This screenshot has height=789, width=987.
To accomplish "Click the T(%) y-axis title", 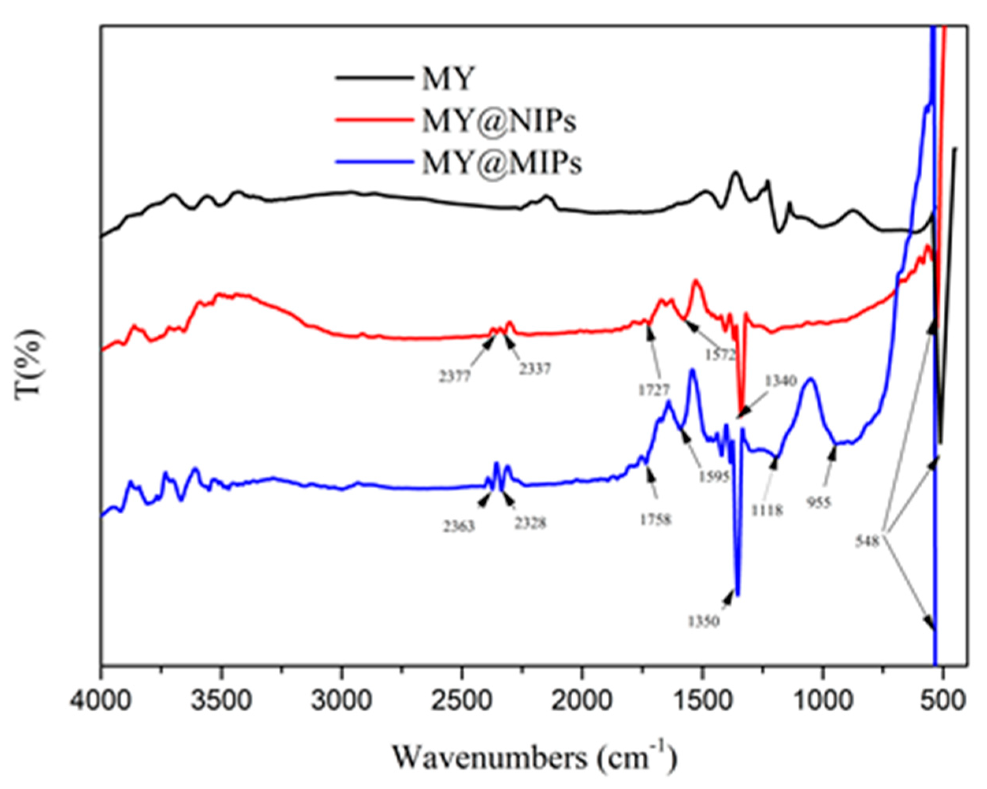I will tap(31, 366).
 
